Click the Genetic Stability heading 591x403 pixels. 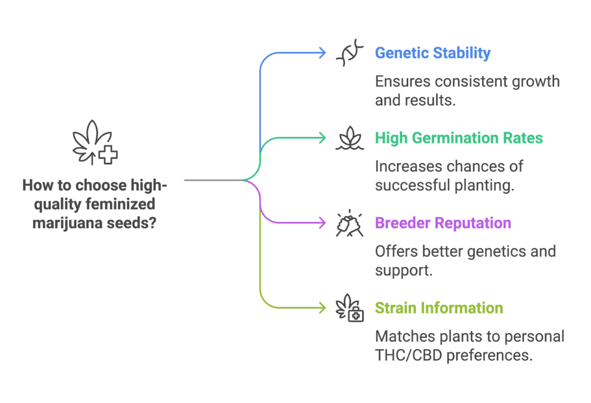tap(432, 53)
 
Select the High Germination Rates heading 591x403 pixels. tap(459, 138)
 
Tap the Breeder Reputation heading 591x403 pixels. tap(443, 223)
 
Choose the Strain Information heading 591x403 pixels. tap(439, 308)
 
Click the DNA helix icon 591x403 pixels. tap(350, 53)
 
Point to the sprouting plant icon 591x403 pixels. tap(350, 139)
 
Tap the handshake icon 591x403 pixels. tap(350, 224)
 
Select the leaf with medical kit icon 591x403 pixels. tap(350, 308)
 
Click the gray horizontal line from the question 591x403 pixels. tap(214, 180)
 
